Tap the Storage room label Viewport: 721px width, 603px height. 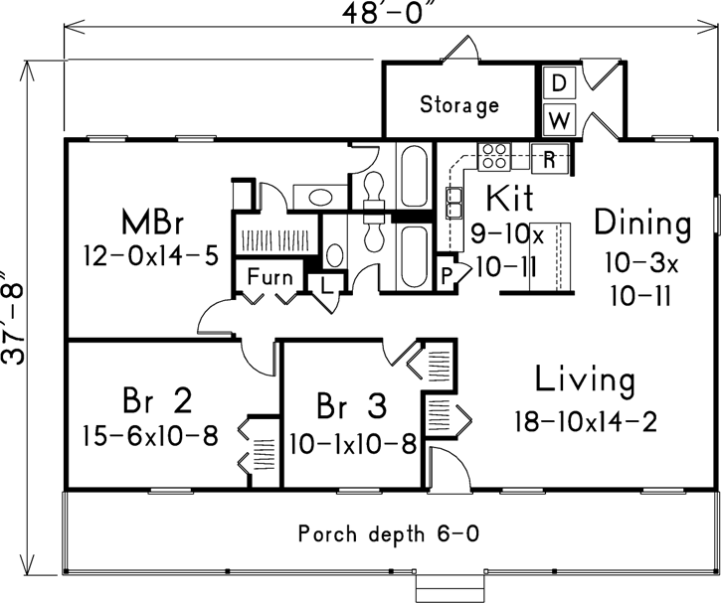458,104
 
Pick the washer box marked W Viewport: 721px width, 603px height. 559,120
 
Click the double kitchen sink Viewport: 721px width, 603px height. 455,203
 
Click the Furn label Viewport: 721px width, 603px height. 269,275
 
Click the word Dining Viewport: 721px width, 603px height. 641,224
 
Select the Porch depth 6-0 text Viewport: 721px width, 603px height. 389,533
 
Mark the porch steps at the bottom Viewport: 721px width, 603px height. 447,588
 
